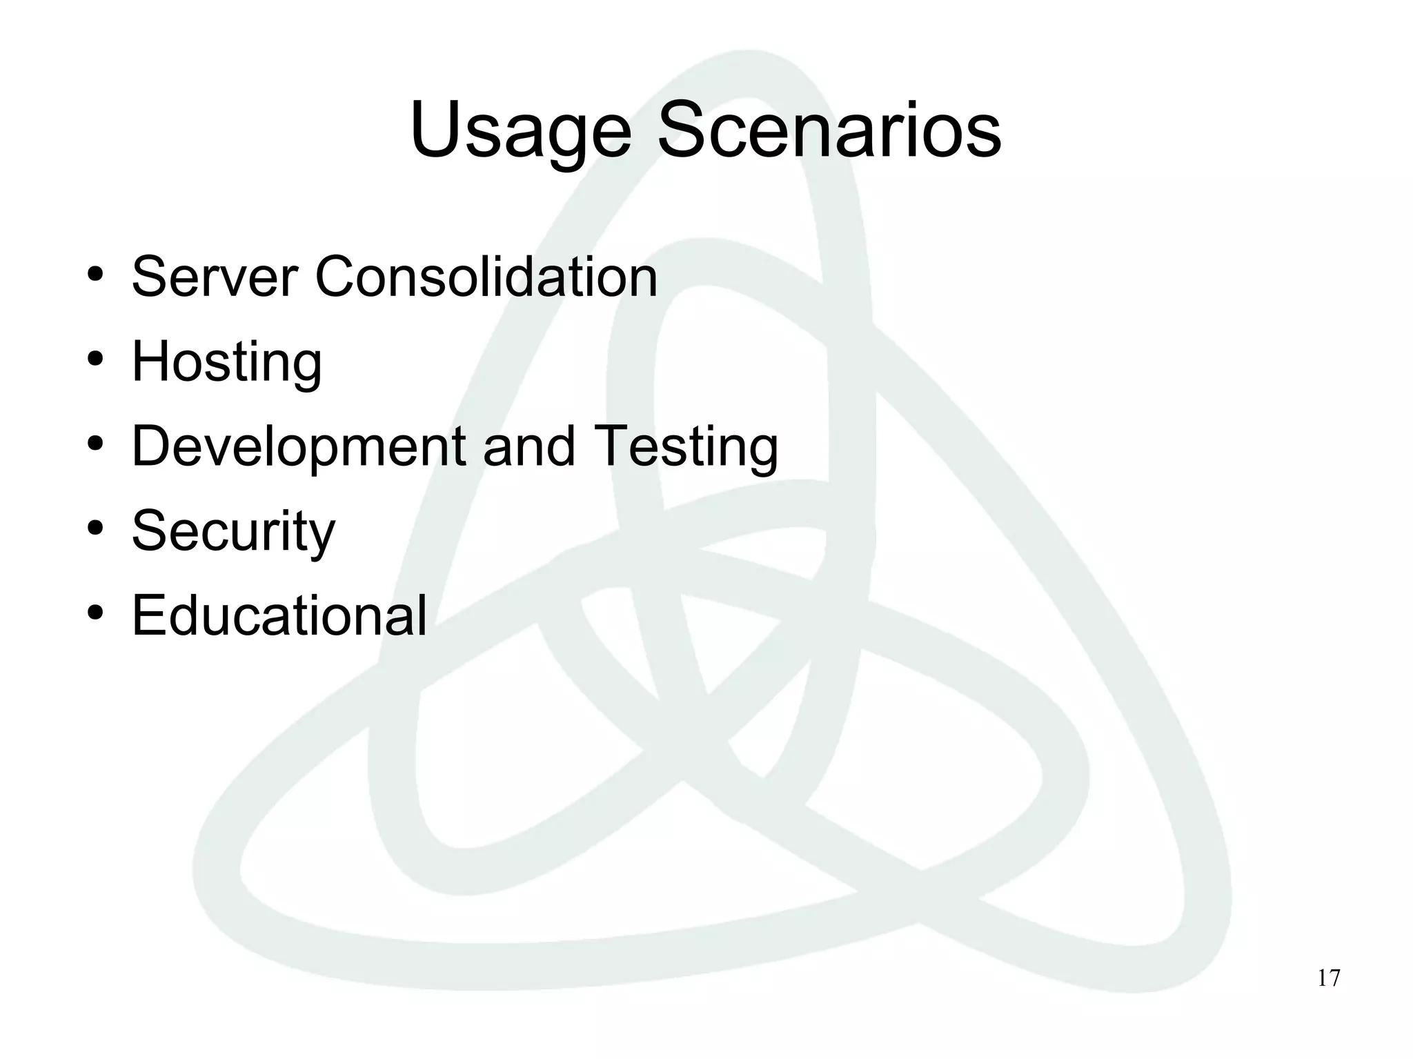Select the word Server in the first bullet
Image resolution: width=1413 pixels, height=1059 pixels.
(x=215, y=277)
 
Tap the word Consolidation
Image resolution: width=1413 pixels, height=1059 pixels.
(x=486, y=277)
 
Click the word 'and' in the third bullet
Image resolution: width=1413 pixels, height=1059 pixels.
(x=528, y=446)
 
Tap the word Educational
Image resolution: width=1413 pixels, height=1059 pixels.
(x=279, y=615)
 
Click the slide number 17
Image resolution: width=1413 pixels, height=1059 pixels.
(x=1329, y=978)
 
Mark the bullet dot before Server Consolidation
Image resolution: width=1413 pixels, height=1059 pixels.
(x=96, y=275)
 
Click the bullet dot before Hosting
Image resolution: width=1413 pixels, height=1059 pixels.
(x=96, y=359)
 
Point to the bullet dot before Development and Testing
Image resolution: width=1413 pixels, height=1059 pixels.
(x=96, y=444)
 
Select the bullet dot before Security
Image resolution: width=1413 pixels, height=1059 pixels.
(x=96, y=528)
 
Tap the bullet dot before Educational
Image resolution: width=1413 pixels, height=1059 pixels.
(x=96, y=613)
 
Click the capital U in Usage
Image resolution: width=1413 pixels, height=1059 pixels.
(x=436, y=130)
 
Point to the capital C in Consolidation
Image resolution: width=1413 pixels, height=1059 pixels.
(x=336, y=277)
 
